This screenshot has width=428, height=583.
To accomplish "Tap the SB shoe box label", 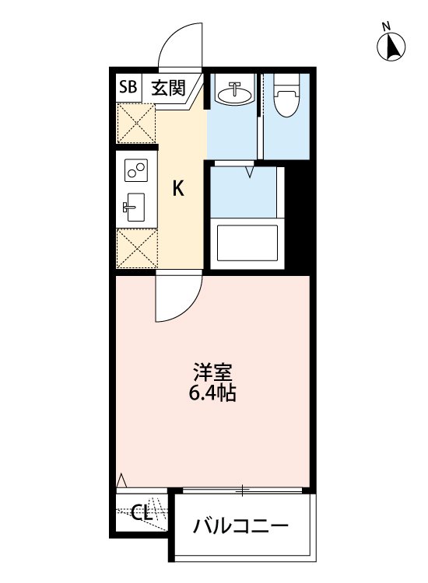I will point(127,87).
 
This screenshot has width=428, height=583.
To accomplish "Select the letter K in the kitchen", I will point(178,188).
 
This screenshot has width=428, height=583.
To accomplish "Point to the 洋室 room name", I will point(212,371).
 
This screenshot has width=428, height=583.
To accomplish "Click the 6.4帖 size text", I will point(212,393).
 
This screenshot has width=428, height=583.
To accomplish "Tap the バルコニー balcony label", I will point(241,526).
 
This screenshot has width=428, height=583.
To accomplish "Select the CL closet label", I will point(141,513).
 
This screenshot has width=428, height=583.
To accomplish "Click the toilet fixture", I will point(287,96).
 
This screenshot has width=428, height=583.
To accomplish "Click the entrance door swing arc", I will point(179,45).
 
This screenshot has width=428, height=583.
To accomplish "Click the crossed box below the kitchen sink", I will point(135,248).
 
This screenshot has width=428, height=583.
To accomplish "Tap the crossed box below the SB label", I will point(135,122).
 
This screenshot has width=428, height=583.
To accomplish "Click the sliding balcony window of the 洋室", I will point(243,490).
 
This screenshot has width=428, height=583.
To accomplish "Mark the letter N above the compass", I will point(386,26).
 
